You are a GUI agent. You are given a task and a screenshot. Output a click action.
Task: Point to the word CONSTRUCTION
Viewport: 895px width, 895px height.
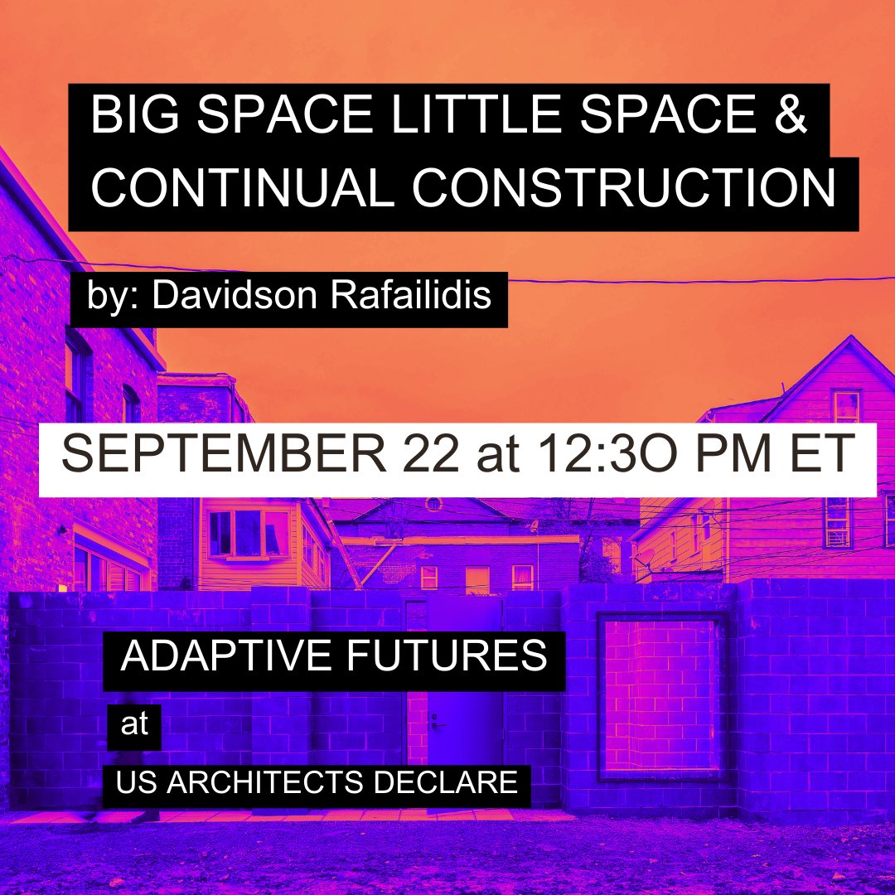coord(624,190)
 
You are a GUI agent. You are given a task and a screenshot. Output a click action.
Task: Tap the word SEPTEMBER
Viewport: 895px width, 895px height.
coord(206,455)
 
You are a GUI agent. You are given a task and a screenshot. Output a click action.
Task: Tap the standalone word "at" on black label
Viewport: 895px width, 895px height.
coord(134,724)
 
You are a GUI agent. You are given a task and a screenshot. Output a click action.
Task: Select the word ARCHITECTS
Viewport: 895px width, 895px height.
coord(298,782)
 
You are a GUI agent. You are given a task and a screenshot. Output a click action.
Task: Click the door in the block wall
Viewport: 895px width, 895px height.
coord(464,729)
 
